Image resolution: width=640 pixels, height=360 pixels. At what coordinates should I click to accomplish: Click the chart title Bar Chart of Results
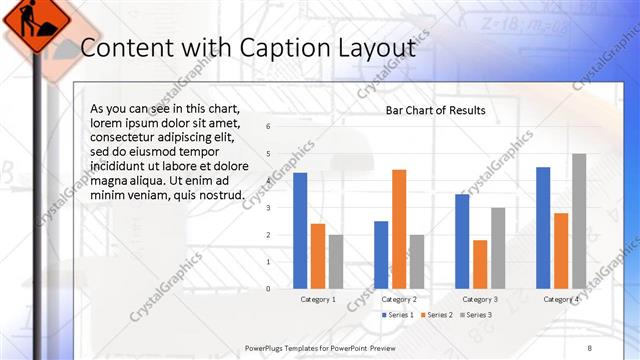tap(435, 110)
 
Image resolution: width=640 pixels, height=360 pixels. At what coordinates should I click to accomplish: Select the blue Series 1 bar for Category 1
tap(300, 230)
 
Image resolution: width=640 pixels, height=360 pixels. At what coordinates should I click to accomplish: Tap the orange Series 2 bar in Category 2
tap(399, 228)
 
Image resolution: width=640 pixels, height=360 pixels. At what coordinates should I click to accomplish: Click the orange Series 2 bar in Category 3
tap(480, 264)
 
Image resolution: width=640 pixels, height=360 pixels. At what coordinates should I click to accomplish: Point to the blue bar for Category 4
tap(543, 227)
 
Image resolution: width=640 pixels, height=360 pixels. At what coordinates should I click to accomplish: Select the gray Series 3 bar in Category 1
tap(336, 261)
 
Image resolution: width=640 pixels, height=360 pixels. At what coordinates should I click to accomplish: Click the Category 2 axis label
tap(399, 300)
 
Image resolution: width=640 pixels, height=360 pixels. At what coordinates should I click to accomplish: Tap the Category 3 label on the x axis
tap(480, 300)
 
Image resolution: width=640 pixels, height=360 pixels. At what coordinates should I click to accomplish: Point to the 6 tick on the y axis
tap(268, 126)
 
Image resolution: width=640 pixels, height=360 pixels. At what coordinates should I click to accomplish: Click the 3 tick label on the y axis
tap(268, 207)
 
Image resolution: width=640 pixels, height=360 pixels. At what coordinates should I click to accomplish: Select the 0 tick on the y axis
tap(268, 288)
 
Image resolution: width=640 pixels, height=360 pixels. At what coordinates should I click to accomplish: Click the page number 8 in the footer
tap(590, 347)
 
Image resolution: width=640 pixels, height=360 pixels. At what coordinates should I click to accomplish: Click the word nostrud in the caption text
tap(216, 194)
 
